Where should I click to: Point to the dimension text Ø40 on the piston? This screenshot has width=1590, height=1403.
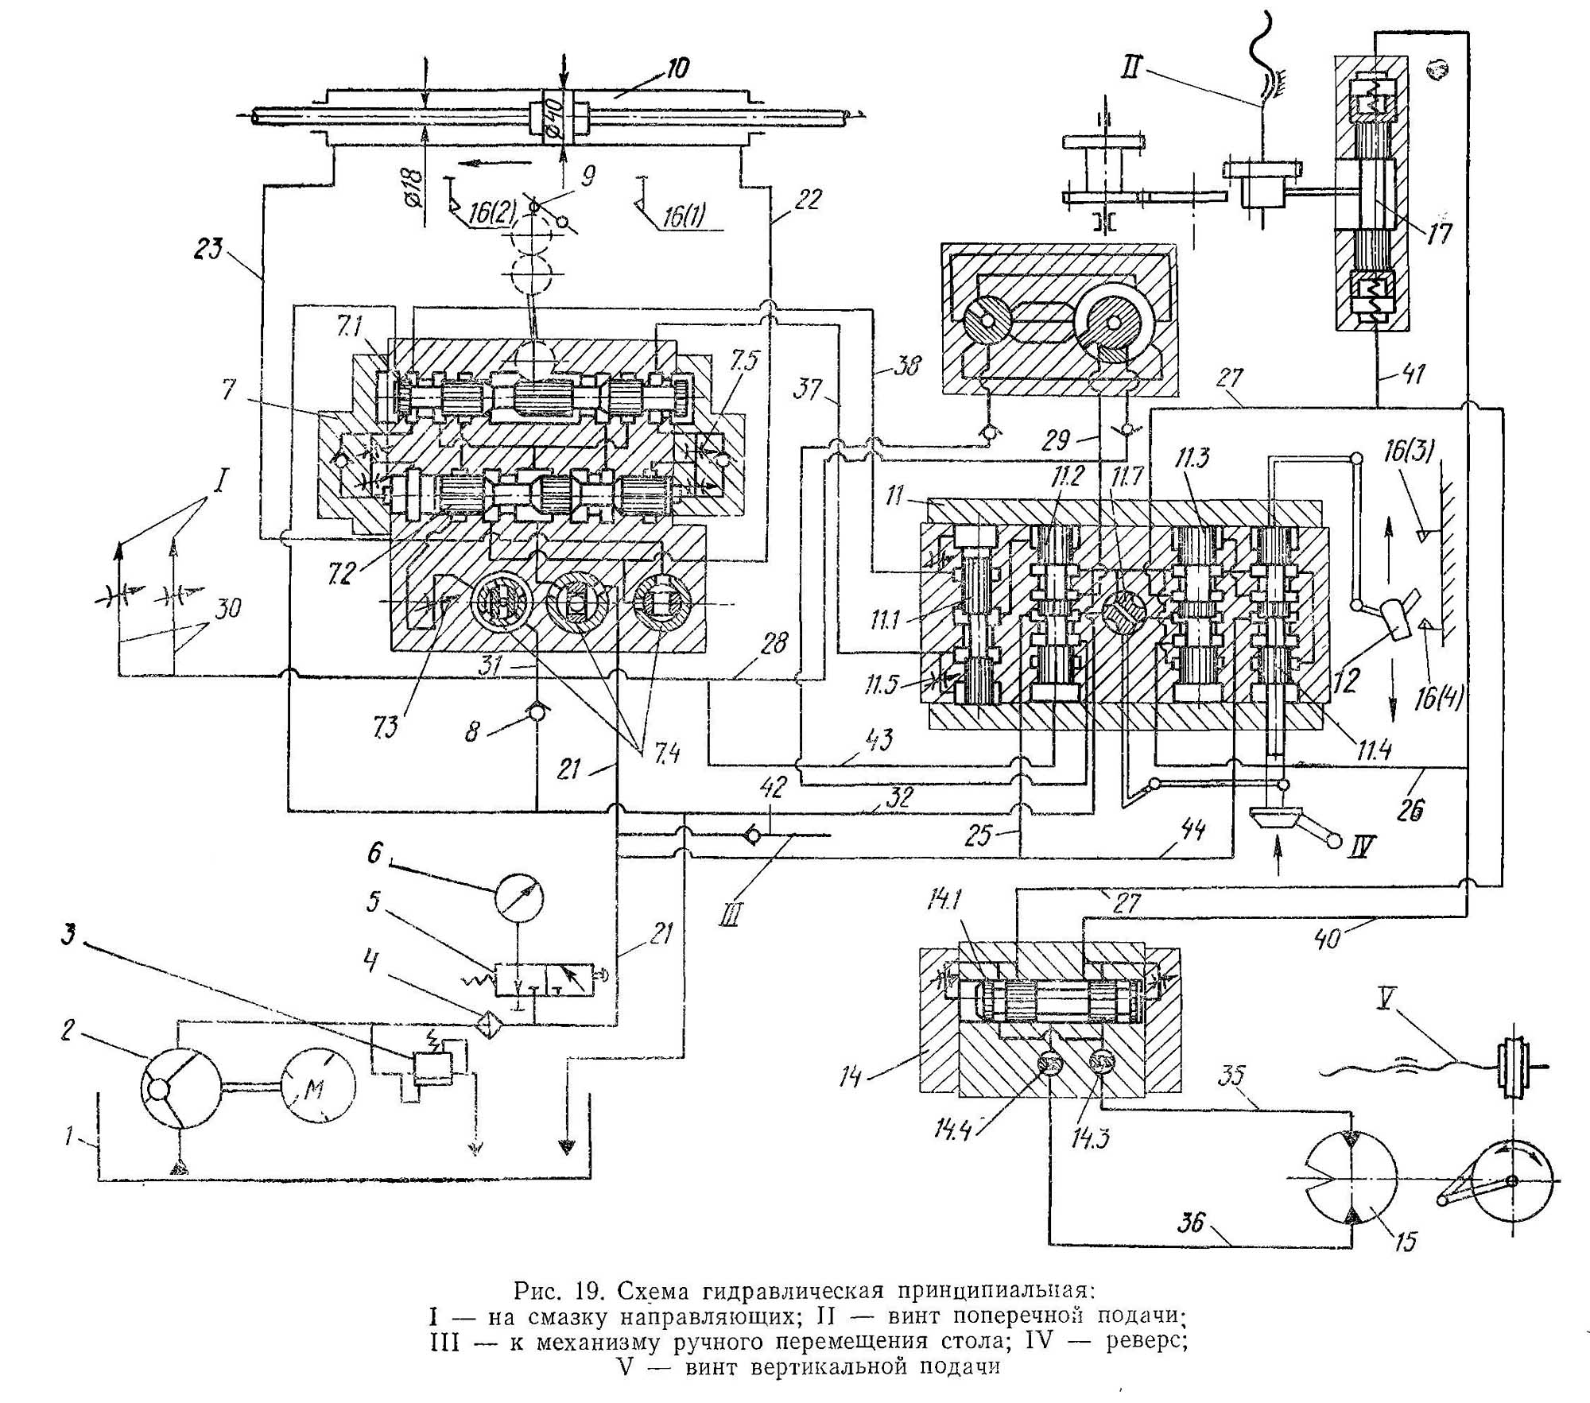coord(554,117)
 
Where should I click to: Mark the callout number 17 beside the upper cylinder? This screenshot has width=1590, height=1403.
coord(1440,233)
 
